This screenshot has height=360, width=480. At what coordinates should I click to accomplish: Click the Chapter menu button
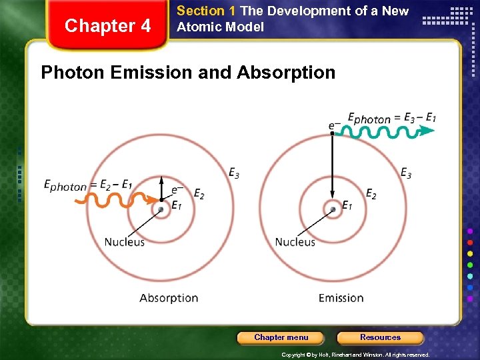pyautogui.click(x=281, y=337)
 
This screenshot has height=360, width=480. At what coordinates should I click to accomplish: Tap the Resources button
pyautogui.click(x=380, y=337)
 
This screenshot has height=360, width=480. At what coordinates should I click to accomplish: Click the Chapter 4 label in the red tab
pyautogui.click(x=107, y=26)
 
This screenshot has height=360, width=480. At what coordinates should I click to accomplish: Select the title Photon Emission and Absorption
pyautogui.click(x=188, y=72)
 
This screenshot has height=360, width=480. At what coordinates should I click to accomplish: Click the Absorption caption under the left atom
pyautogui.click(x=169, y=298)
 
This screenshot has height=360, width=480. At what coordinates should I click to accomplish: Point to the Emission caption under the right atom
pyautogui.click(x=341, y=298)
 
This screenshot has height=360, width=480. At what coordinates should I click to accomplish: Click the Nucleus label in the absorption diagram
pyautogui.click(x=124, y=241)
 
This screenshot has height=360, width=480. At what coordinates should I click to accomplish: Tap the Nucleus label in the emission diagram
pyautogui.click(x=295, y=241)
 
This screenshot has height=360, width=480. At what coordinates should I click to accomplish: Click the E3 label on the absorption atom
pyautogui.click(x=234, y=173)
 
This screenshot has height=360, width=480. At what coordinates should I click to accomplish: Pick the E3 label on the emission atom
pyautogui.click(x=405, y=173)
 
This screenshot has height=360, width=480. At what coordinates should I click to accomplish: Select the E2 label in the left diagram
pyautogui.click(x=199, y=193)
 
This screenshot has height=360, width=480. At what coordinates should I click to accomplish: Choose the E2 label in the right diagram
pyautogui.click(x=371, y=193)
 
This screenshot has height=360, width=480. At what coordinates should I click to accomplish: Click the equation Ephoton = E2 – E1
pyautogui.click(x=87, y=185)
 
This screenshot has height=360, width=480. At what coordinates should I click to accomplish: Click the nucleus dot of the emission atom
pyautogui.click(x=333, y=209)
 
